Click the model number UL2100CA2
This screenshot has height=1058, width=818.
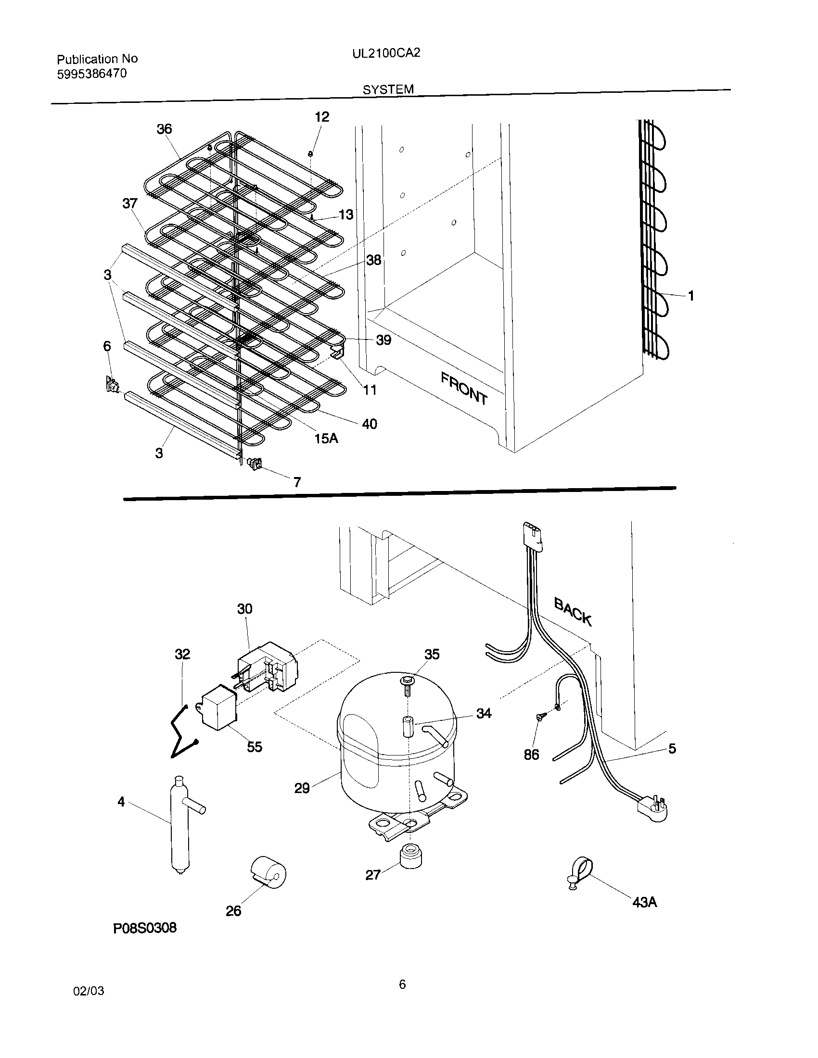click(x=386, y=53)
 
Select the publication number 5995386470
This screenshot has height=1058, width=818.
click(x=91, y=74)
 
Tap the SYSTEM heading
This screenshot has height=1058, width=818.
click(x=388, y=89)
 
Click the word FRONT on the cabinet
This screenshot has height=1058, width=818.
click(x=464, y=388)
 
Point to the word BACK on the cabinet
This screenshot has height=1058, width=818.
click(x=573, y=611)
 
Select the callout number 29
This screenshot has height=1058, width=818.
click(x=302, y=788)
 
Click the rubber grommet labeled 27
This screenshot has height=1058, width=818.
click(x=410, y=855)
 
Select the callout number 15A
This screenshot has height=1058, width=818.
click(x=326, y=438)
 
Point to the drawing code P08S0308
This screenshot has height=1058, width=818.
click(x=145, y=928)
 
